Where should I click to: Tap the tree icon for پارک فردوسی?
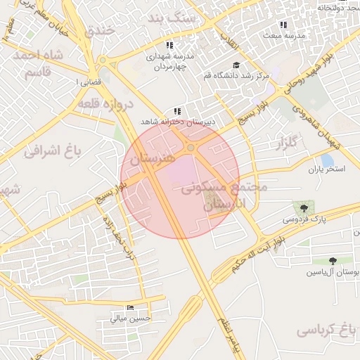(x=303, y=208)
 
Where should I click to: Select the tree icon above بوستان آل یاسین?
(x=333, y=262)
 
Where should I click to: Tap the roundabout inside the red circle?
(x=191, y=148)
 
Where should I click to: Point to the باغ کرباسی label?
(x=323, y=329)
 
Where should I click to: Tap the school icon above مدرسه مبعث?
(x=283, y=25)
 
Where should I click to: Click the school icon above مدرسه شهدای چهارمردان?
(x=169, y=45)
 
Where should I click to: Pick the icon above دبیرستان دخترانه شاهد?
(x=177, y=111)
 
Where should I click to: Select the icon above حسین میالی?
(x=129, y=308)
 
